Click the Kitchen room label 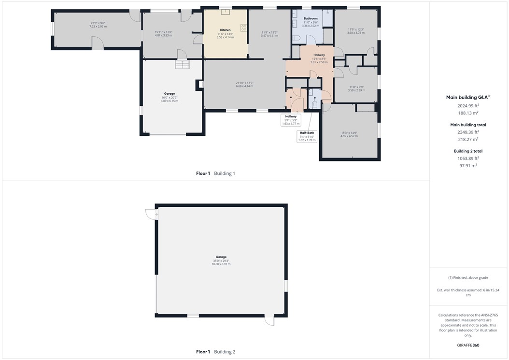[225, 30]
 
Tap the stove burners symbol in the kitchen [244, 28]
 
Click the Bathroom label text [311, 18]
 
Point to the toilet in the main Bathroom [295, 38]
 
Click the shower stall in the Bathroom [327, 18]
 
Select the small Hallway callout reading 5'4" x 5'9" [291, 120]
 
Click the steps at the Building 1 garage [182, 64]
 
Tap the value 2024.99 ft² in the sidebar [468, 105]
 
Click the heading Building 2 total [468, 151]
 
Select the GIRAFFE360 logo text [468, 346]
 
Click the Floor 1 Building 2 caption [215, 352]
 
